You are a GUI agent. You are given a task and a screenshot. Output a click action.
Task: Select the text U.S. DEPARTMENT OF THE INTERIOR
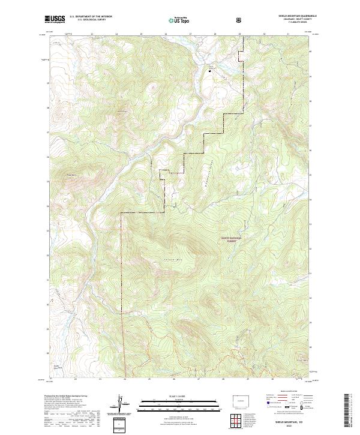tap(91, 16)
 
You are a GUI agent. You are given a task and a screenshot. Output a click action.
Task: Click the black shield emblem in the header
tap(241, 19)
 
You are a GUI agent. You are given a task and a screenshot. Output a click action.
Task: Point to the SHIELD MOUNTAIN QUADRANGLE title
tap(298, 16)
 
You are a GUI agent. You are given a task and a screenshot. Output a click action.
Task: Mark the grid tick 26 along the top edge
tap(166, 34)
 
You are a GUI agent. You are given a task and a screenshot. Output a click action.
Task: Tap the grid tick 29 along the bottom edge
tap(245, 379)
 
